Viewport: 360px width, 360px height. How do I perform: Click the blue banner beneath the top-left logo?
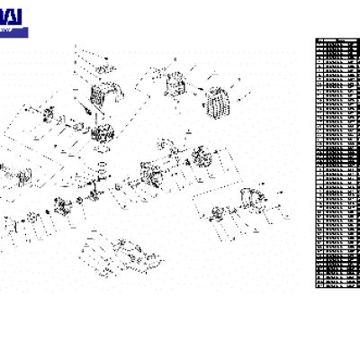pyautogui.click(x=13, y=32)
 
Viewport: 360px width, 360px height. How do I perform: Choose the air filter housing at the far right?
pyautogui.click(x=252, y=200)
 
